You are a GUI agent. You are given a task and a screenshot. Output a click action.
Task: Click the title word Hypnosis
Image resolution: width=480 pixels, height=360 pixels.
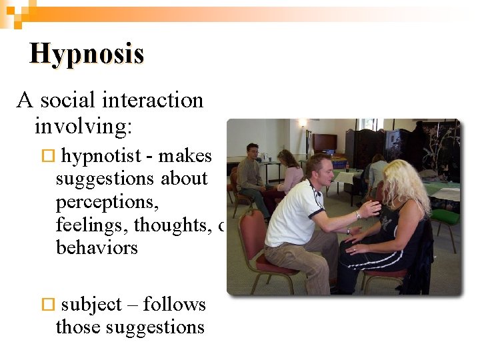click(87, 53)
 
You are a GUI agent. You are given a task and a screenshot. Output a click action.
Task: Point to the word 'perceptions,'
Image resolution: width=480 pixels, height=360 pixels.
click(97, 202)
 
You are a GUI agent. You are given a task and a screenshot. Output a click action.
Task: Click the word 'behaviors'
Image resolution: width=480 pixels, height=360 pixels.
click(97, 248)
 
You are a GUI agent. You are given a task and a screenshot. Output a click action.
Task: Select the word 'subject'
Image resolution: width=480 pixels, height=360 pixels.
click(91, 305)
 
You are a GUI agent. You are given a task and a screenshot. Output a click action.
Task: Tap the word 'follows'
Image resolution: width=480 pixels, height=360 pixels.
click(175, 305)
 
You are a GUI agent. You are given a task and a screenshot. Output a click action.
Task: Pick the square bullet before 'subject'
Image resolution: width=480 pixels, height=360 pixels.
click(47, 305)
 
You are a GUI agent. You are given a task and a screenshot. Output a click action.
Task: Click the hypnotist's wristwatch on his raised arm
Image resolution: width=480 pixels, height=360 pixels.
click(358, 215)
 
